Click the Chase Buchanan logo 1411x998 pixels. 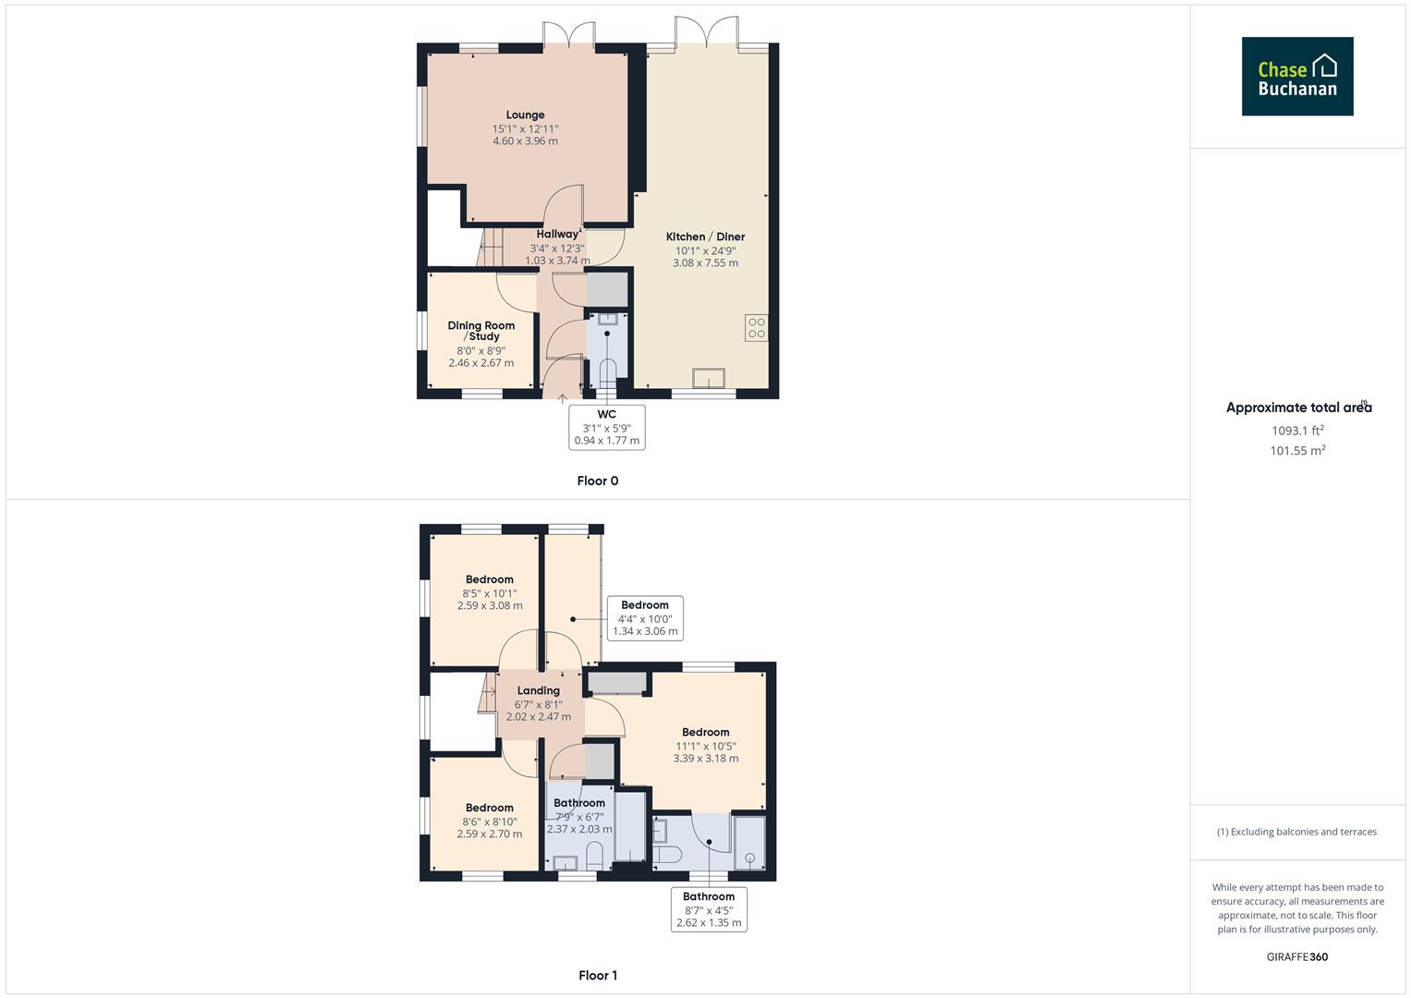tap(1296, 77)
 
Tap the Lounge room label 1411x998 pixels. tap(525, 116)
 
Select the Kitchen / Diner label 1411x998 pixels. tap(705, 237)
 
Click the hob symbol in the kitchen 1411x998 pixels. tap(756, 327)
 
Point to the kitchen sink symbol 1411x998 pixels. tap(709, 378)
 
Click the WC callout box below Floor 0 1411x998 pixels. tap(606, 427)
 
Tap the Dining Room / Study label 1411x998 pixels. tap(480, 331)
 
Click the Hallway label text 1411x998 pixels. tap(558, 235)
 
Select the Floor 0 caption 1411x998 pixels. tap(597, 481)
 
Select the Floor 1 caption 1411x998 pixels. tap(597, 975)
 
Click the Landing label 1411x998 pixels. tap(538, 691)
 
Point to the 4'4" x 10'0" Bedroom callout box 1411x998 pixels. tap(644, 618)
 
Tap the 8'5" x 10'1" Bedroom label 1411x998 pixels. tap(489, 580)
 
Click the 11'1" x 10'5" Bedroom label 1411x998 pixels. tap(705, 733)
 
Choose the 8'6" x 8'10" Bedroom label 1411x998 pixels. tap(489, 808)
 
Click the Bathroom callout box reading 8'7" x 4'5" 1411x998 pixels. tap(709, 909)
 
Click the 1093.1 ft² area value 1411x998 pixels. tap(1297, 431)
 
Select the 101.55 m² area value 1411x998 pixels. tap(1297, 451)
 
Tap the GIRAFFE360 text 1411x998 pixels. tap(1296, 956)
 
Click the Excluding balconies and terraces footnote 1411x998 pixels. tap(1296, 832)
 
